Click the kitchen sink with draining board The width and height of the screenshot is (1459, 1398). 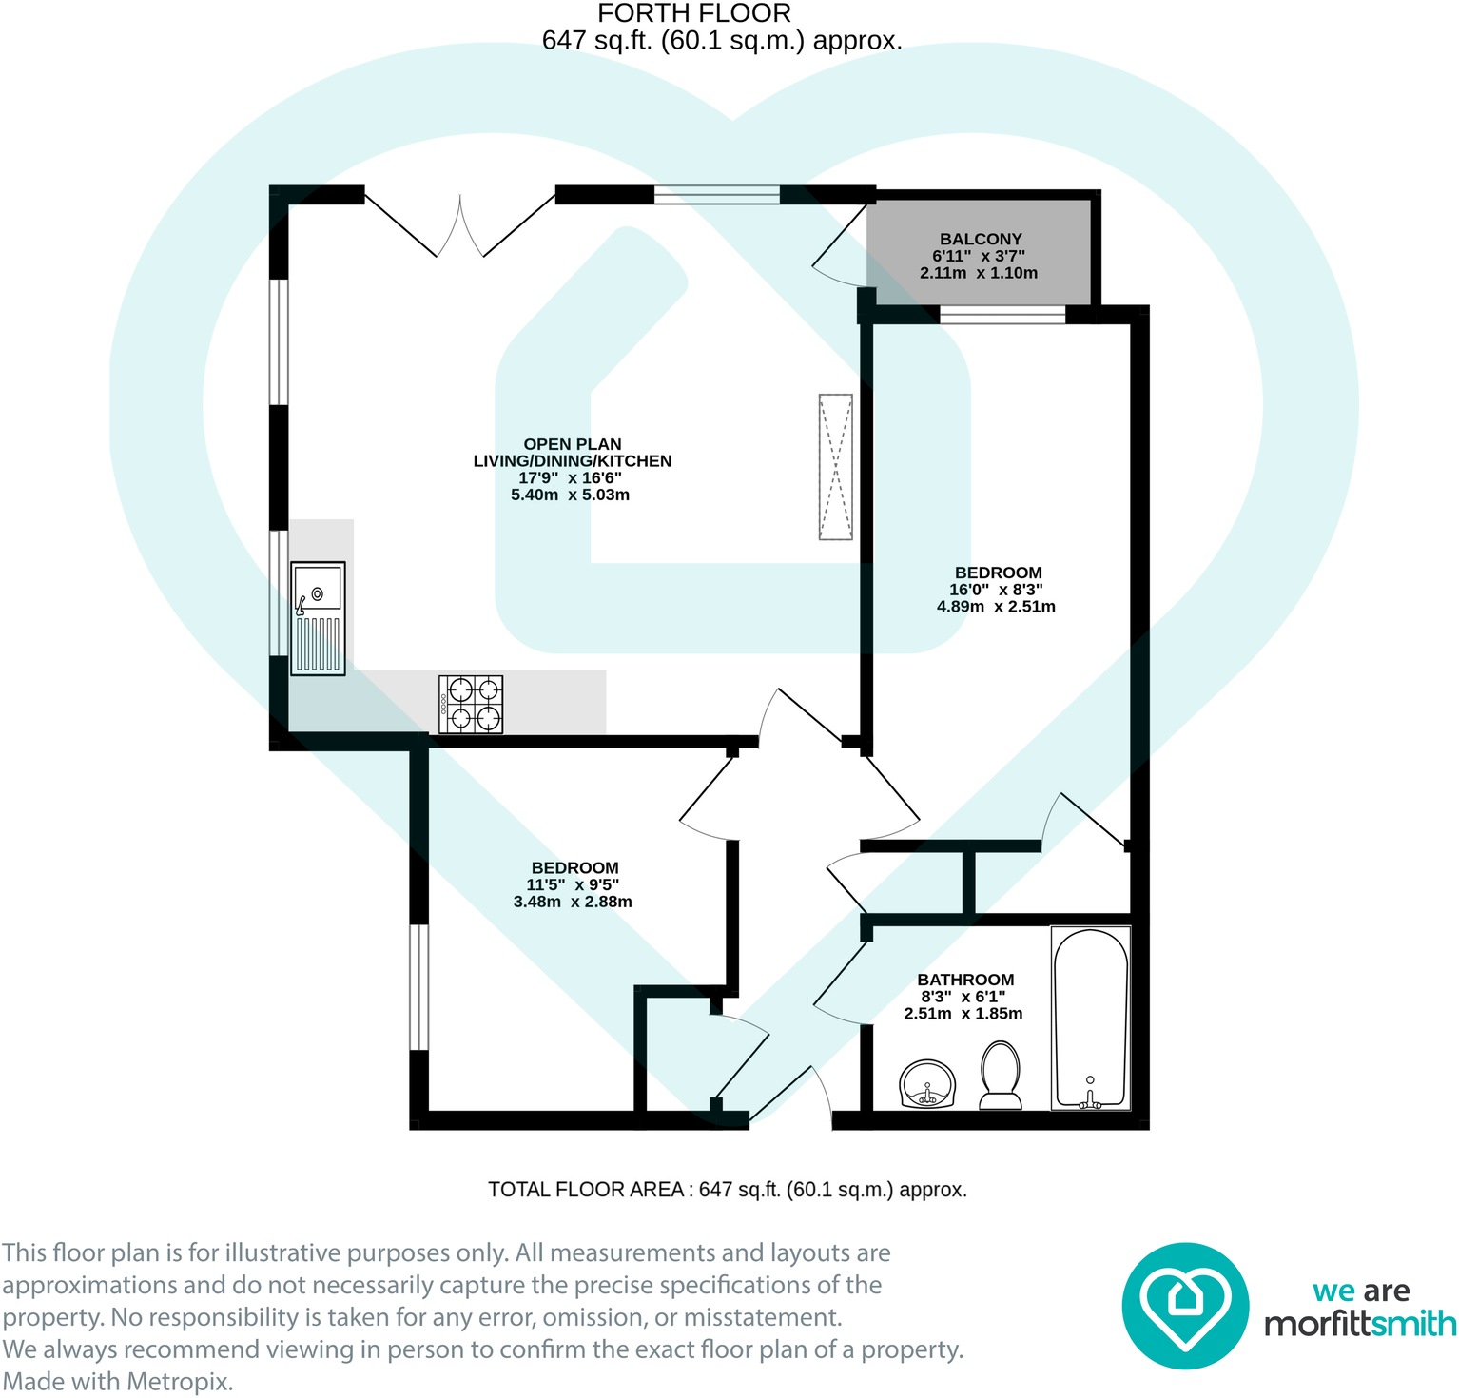coord(318,618)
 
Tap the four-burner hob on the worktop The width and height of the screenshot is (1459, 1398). coord(471,704)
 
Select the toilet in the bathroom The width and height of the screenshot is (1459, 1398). coord(1001,1076)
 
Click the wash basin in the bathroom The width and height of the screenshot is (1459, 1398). coord(926,1084)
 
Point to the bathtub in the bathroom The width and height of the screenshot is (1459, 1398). coord(1091,1019)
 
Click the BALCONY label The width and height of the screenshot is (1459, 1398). coord(981,240)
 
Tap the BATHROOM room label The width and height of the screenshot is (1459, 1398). coord(965,980)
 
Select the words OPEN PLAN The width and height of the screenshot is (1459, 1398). coord(573,444)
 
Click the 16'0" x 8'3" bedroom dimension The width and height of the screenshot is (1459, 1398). coord(996,590)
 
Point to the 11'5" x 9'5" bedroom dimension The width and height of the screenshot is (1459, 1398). coord(573,884)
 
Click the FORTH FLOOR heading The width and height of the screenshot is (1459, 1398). coord(694,13)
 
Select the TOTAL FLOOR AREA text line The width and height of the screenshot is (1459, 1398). coord(728,1190)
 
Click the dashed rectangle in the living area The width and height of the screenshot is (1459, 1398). coord(836,467)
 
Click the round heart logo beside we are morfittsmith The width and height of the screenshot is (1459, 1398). coord(1185,1306)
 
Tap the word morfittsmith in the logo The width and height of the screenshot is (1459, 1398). coord(1360,1324)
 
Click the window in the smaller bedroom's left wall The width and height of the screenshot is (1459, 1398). coord(418,987)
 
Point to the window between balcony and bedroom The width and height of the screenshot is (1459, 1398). coord(1002,315)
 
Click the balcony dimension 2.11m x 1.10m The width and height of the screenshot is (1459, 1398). coord(979,273)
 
